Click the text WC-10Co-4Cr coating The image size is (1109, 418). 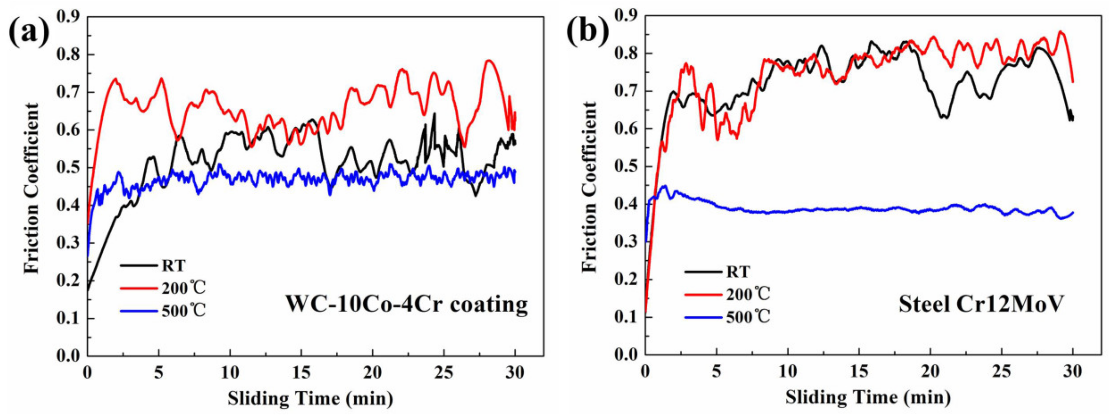tap(407, 305)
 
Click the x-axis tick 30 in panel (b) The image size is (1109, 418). tap(1072, 371)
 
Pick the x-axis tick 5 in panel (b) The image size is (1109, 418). tap(716, 371)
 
